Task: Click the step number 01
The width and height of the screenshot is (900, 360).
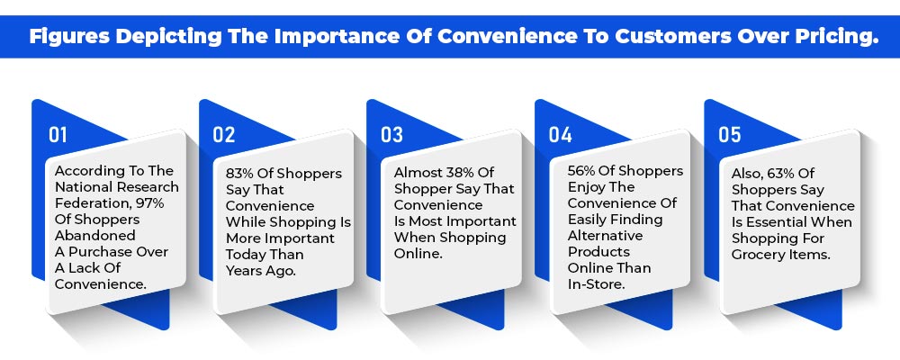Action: pyautogui.click(x=58, y=134)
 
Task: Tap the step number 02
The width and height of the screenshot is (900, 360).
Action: pyautogui.click(x=224, y=134)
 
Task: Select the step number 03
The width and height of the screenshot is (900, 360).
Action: pyautogui.click(x=392, y=134)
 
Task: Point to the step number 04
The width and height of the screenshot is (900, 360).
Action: pyautogui.click(x=560, y=134)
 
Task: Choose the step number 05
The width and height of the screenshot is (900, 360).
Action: pyautogui.click(x=730, y=134)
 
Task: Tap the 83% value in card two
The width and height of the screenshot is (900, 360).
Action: pyautogui.click(x=238, y=174)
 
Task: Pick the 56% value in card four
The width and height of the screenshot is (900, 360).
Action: pyautogui.click(x=580, y=171)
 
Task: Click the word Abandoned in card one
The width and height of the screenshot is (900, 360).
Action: pyautogui.click(x=95, y=236)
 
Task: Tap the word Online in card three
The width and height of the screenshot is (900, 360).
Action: pyautogui.click(x=418, y=254)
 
